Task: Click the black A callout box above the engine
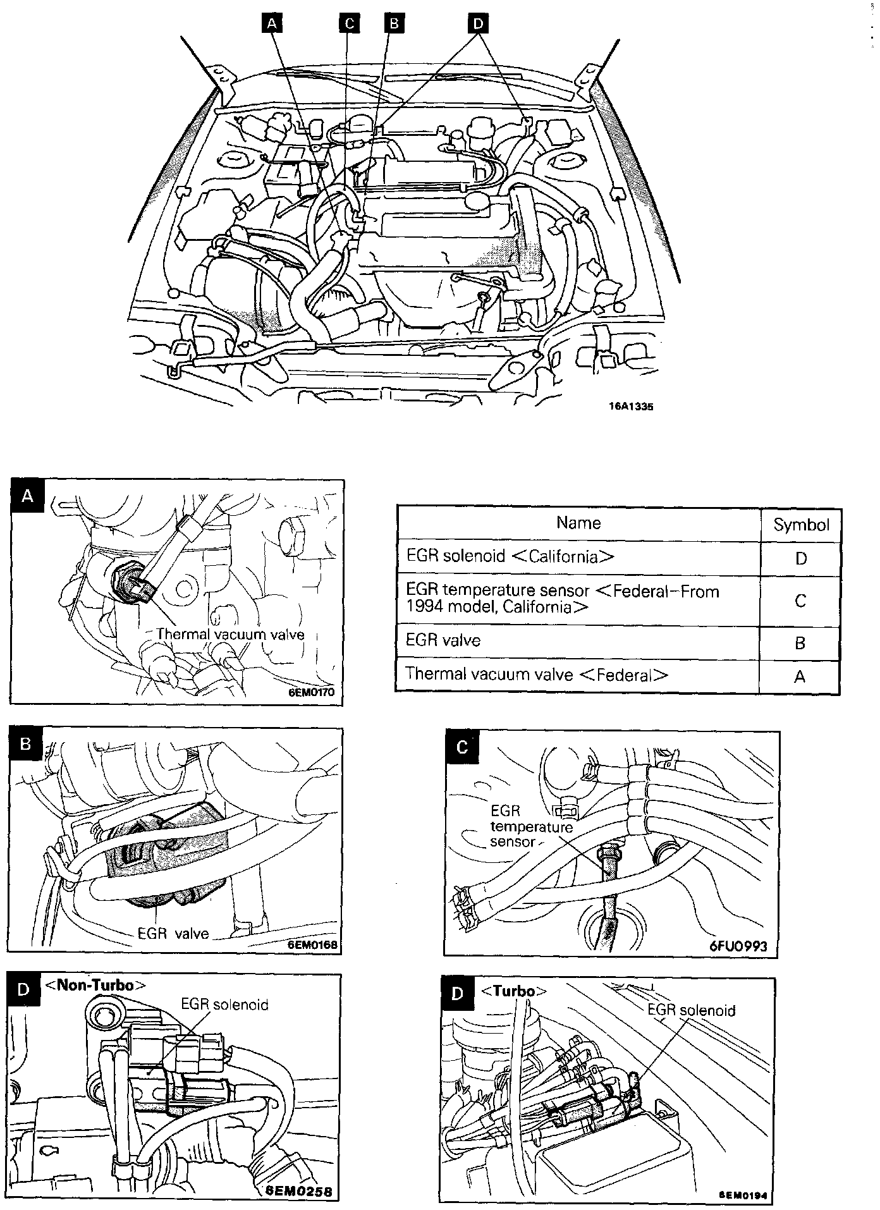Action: (272, 23)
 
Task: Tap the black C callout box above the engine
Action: (349, 23)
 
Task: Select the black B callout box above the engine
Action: (394, 23)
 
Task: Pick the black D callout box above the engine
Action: (478, 23)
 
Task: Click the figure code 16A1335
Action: (631, 407)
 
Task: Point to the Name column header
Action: (578, 523)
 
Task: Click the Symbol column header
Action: (801, 525)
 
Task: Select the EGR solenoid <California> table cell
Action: (510, 556)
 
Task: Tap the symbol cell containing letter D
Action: (801, 559)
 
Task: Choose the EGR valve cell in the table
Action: (443, 640)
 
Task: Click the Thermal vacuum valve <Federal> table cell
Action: (537, 675)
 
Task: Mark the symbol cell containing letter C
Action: (800, 601)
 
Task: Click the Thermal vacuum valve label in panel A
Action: (230, 634)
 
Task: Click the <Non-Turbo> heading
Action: (95, 986)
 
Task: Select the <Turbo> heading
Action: (513, 991)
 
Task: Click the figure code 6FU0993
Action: (738, 946)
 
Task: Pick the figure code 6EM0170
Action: (312, 692)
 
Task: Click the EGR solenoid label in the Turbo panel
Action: (691, 1010)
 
